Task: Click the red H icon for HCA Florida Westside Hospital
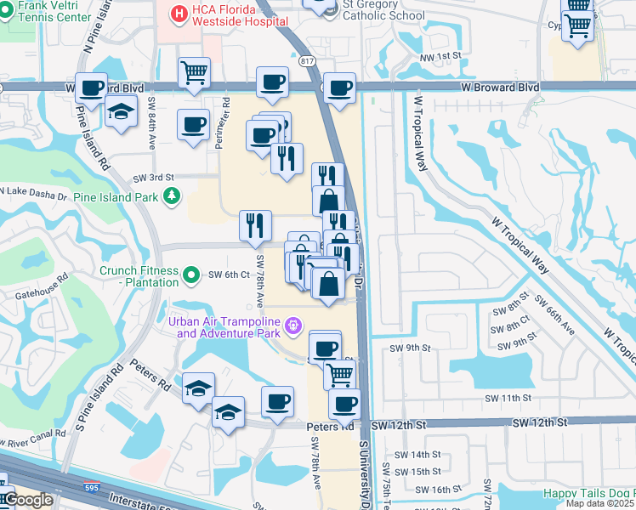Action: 179,14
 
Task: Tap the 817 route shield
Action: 308,59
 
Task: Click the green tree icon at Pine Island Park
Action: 173,196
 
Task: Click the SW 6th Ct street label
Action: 230,275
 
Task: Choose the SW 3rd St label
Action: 153,178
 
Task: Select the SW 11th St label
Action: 508,397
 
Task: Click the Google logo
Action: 27,500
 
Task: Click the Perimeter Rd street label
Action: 224,127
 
